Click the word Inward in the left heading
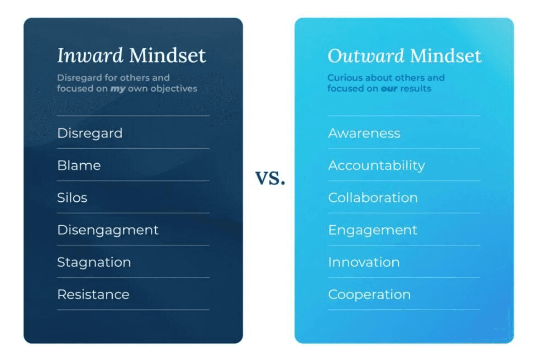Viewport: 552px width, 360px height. [90, 55]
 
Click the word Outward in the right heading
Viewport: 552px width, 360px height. [366, 56]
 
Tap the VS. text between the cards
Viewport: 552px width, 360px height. [270, 178]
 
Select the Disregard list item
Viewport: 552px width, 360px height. [90, 134]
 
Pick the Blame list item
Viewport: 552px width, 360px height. [79, 165]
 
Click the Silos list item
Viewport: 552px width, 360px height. [72, 198]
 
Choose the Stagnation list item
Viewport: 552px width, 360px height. [94, 262]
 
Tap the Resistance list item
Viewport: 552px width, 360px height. [93, 294]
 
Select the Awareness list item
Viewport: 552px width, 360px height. [364, 133]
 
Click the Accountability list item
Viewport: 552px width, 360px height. [376, 166]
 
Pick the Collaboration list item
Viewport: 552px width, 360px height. [373, 198]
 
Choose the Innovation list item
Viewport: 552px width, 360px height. [364, 262]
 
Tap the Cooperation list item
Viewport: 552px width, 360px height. [369, 295]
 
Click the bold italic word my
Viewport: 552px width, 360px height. [118, 89]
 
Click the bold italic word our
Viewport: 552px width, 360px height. [389, 89]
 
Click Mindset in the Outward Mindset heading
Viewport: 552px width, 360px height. [446, 56]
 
